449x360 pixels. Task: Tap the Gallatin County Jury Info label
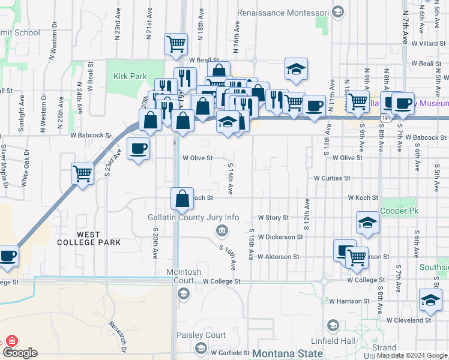point(193,217)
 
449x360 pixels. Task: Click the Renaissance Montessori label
point(283,13)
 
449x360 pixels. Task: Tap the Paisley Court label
point(200,335)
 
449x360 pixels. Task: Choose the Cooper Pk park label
point(399,211)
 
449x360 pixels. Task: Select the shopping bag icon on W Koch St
point(182,199)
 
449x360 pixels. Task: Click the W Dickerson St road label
point(280,237)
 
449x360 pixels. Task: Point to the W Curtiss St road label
point(331,178)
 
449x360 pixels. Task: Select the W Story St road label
point(273,218)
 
